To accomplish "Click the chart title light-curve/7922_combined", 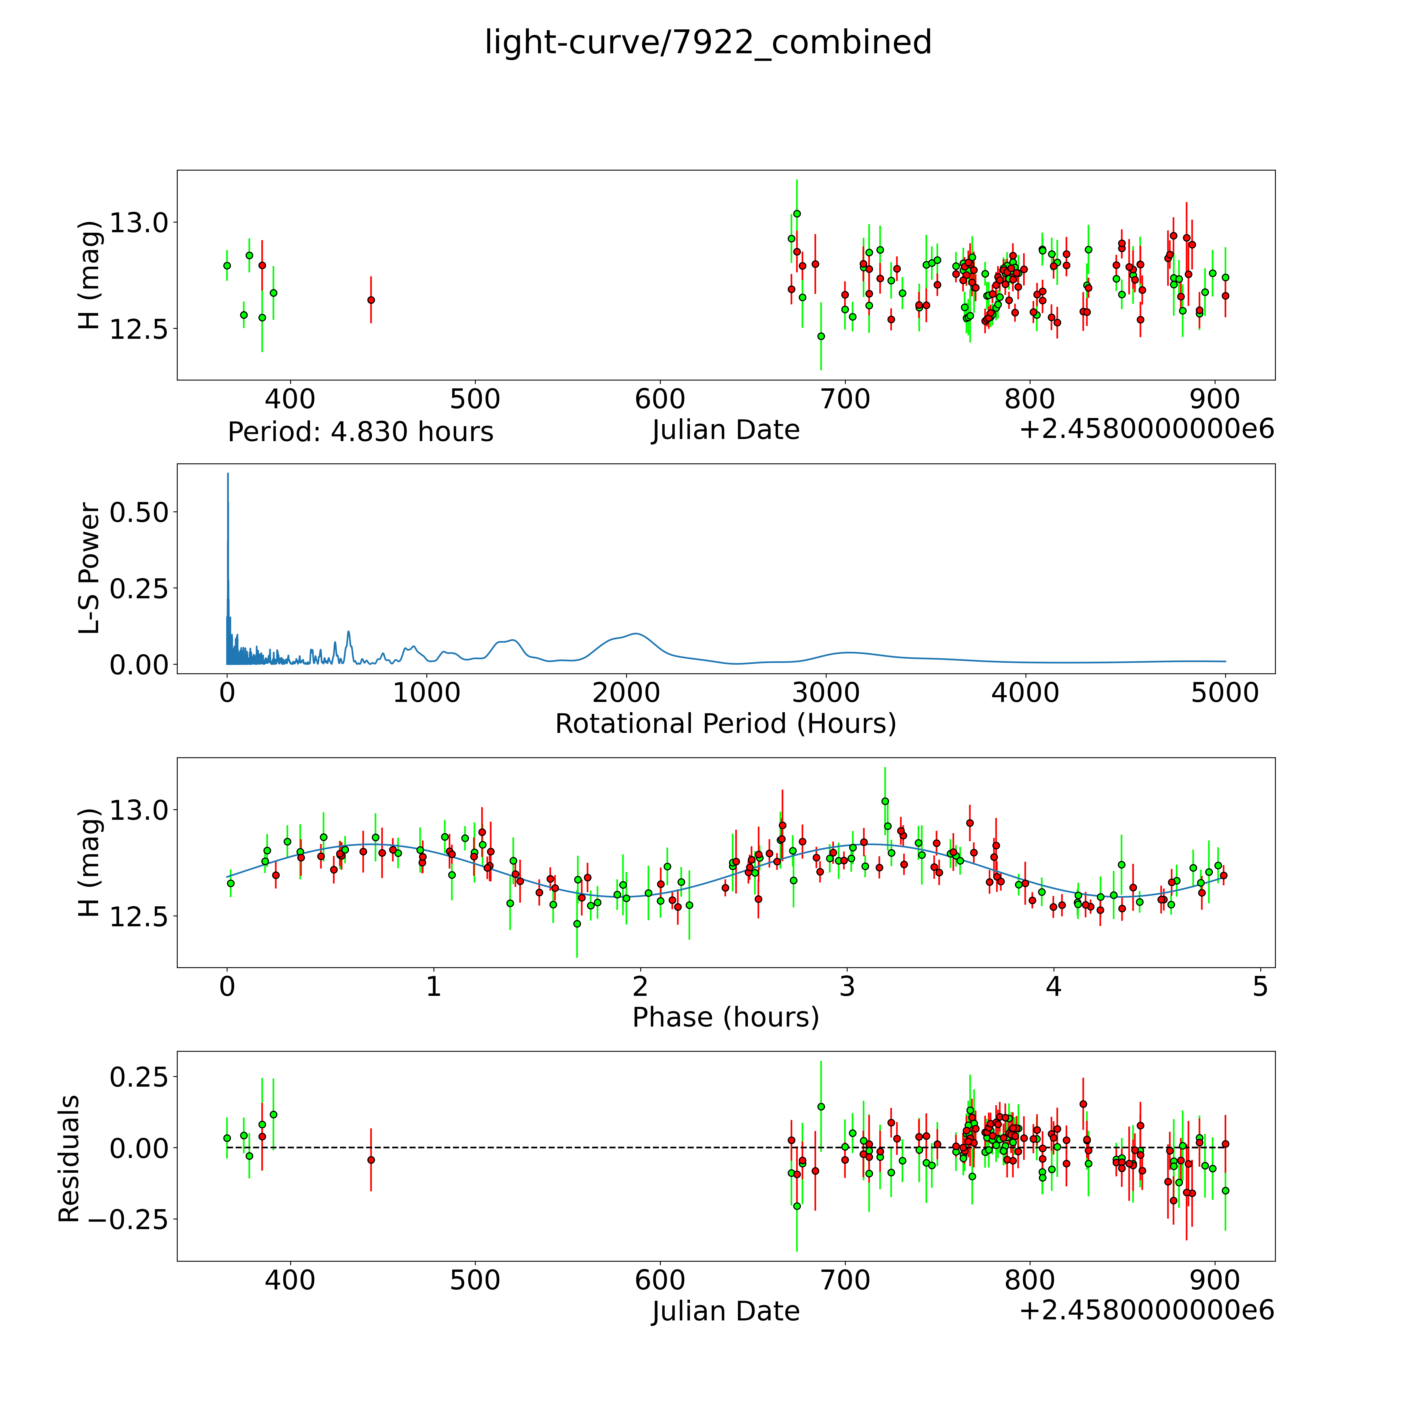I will [708, 43].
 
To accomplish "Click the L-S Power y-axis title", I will [89, 568].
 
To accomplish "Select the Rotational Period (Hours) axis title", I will [725, 724].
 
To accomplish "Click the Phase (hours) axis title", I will [725, 1017].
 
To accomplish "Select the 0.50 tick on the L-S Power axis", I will [139, 512].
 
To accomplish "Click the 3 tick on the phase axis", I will [847, 986].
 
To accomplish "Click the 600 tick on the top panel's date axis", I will [660, 400].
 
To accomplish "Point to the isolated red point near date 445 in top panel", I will [371, 300].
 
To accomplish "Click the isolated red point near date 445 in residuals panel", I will [371, 1160].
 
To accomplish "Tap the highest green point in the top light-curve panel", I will [796, 213].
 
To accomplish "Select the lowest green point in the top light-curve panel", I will [821, 336].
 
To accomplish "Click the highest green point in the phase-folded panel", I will [885, 801].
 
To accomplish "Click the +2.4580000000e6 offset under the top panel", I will [1146, 429].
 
